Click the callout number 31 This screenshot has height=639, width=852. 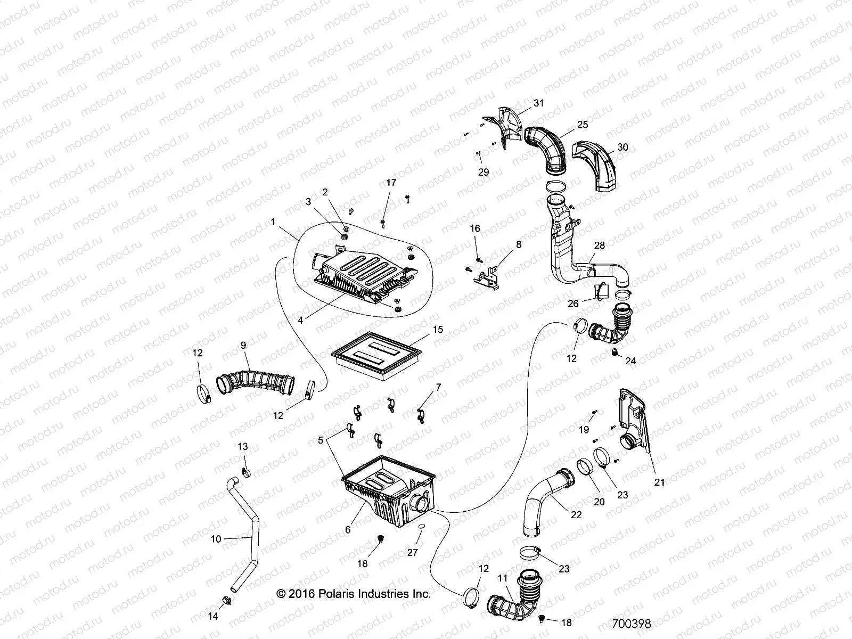coord(539,103)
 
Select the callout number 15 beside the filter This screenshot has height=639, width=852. coord(438,330)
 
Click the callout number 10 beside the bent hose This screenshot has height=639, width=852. coord(216,539)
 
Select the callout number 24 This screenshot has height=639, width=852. coord(630,361)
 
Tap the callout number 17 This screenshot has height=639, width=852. coord(391,183)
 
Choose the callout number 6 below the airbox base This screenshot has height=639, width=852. coord(348,530)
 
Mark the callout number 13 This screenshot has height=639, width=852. coord(243,446)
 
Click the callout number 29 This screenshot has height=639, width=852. coord(484,172)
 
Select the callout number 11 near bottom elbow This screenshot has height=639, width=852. coord(502,577)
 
